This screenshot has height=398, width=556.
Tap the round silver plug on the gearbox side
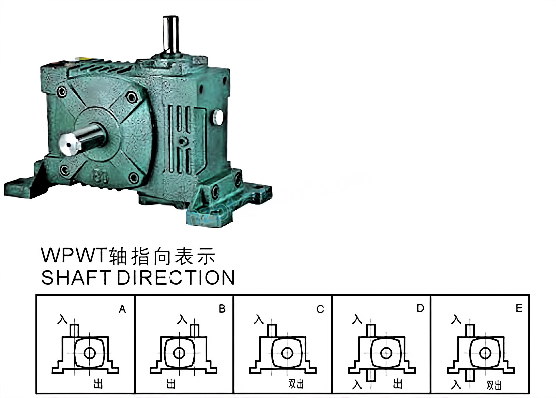218,117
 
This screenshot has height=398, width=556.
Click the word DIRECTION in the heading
176,278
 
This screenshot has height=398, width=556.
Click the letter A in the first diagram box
122,309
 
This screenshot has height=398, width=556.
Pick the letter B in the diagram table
222,309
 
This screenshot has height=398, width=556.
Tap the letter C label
320,309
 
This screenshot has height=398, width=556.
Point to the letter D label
420,308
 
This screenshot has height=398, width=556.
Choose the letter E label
519,308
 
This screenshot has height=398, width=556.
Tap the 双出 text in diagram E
494,385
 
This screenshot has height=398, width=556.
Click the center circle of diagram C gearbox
287,353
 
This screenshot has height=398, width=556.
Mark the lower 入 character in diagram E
456,385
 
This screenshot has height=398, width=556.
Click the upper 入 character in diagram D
357,319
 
